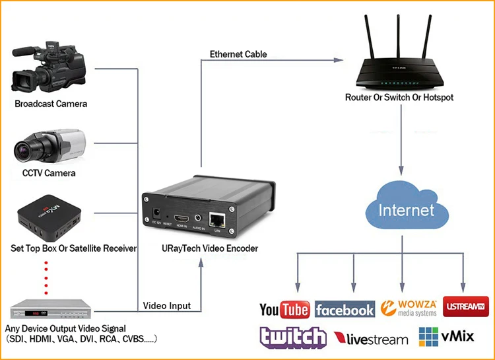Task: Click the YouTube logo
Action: [284, 309]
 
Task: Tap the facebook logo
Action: [345, 309]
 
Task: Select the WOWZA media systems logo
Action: [409, 308]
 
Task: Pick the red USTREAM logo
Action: [466, 307]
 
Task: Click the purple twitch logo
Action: [292, 337]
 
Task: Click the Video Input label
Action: [167, 306]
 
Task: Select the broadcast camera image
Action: [49, 67]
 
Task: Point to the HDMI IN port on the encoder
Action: [181, 218]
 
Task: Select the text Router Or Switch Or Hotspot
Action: [399, 97]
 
